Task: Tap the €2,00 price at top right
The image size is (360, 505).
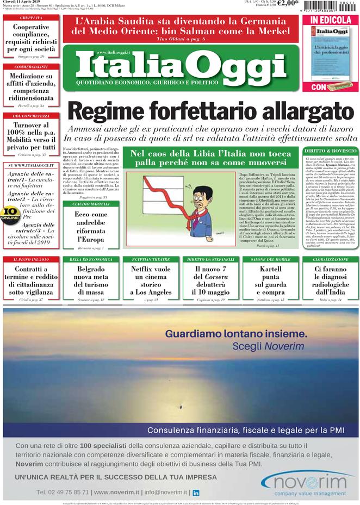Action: pyautogui.click(x=288, y=3)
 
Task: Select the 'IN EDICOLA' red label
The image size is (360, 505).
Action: pyautogui.click(x=330, y=20)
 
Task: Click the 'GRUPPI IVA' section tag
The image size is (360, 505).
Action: pyautogui.click(x=31, y=18)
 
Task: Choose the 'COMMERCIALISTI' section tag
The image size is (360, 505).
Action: pyautogui.click(x=31, y=66)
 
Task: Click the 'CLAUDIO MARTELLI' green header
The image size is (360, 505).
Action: pyautogui.click(x=91, y=204)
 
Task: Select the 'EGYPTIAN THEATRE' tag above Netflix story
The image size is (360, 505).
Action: pyautogui.click(x=151, y=260)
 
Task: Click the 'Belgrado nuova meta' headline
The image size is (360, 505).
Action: pyautogui.click(x=91, y=280)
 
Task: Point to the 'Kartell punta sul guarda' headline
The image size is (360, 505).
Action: pyautogui.click(x=270, y=280)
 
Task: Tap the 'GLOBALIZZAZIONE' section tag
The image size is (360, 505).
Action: pyautogui.click(x=330, y=260)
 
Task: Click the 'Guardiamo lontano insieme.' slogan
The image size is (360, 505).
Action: pyautogui.click(x=236, y=333)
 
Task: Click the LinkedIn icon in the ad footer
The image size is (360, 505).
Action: pyautogui.click(x=196, y=492)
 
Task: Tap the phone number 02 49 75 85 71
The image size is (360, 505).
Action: pyautogui.click(x=63, y=492)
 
